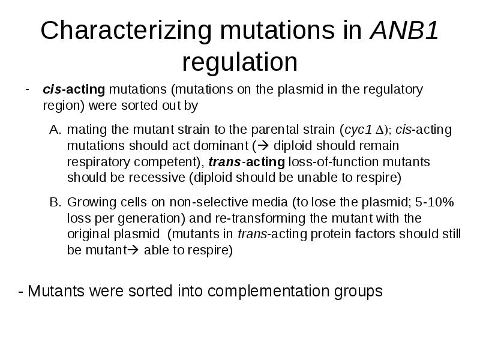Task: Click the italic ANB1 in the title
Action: (404, 30)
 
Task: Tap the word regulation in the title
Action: (239, 62)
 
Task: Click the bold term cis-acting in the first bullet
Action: (74, 89)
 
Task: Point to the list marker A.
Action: (55, 130)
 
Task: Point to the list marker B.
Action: (55, 202)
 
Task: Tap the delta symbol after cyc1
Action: (379, 130)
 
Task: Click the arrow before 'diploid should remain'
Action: (263, 146)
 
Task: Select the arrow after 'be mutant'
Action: (133, 250)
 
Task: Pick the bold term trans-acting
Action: (247, 161)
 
